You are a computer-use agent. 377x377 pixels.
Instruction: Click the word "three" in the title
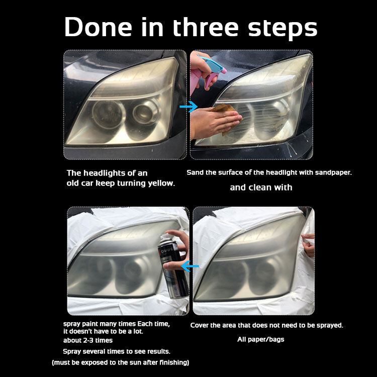click(206, 27)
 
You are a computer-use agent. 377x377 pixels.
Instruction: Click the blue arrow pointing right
click(189, 107)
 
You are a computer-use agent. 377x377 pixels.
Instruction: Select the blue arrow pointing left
click(190, 266)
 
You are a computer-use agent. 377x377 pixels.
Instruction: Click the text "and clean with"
click(261, 187)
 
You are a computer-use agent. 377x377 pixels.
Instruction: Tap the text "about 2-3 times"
click(88, 340)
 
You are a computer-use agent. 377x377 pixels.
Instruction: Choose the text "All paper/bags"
click(260, 339)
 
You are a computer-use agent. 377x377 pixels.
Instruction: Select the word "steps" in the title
click(282, 28)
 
